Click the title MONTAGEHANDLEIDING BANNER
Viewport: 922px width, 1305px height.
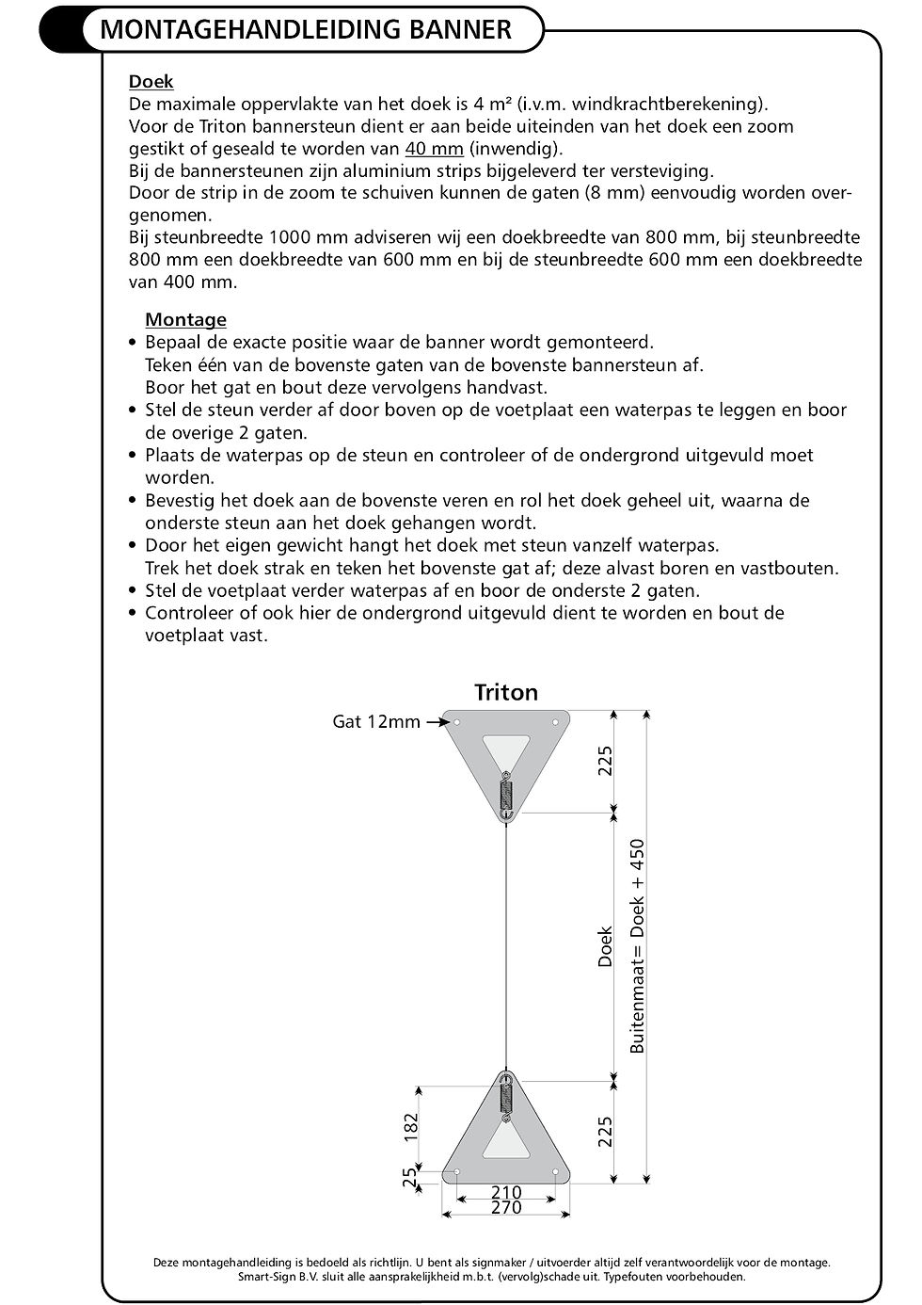point(305,30)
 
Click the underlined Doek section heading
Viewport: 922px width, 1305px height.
point(151,82)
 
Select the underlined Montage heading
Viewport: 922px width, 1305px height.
point(185,319)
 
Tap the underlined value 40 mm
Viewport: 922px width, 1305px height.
point(434,149)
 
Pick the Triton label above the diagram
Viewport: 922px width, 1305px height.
point(506,693)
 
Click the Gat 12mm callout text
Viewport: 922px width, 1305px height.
point(376,722)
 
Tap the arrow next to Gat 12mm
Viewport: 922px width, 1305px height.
point(435,722)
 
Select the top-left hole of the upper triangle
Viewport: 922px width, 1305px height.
point(456,723)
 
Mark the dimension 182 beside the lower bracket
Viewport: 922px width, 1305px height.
point(411,1128)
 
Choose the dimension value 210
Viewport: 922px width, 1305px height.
point(506,1192)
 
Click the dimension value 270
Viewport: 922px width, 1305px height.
point(506,1208)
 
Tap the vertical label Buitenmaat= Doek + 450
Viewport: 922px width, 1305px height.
point(639,945)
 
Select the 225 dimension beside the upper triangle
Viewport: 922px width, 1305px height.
point(605,761)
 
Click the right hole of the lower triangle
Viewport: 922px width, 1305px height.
point(556,1172)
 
